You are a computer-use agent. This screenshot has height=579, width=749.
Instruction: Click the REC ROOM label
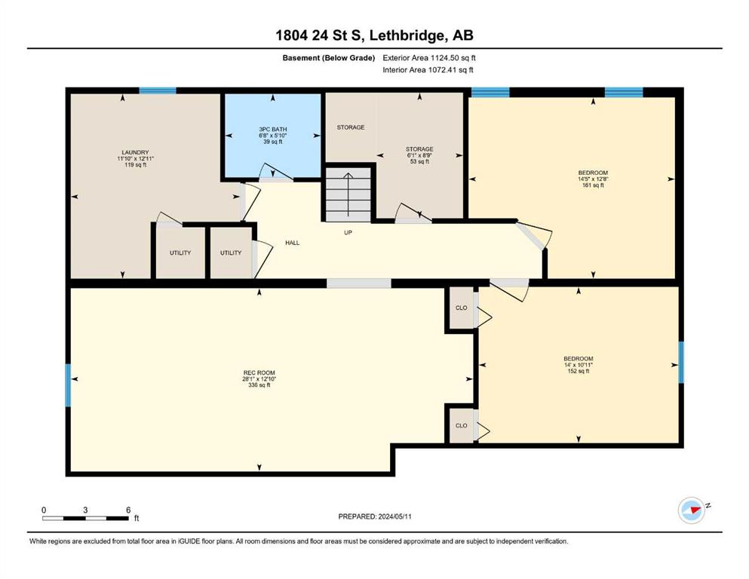coord(259,372)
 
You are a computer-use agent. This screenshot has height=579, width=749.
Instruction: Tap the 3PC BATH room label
coord(273,130)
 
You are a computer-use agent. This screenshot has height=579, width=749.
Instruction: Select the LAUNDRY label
coord(135,153)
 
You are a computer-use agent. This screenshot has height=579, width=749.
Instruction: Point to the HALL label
coord(293,243)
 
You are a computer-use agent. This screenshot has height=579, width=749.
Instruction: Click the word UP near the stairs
coord(348,233)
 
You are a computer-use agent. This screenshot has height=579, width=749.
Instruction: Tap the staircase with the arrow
coord(348,195)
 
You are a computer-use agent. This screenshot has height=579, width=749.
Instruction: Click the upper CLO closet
coord(461,308)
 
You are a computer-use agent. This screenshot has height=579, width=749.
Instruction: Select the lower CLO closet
coord(461,425)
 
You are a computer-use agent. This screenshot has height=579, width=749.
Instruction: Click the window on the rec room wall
coord(68,385)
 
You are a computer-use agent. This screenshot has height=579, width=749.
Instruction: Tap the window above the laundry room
coord(158,90)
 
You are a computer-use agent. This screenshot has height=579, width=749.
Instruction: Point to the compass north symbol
coord(692,510)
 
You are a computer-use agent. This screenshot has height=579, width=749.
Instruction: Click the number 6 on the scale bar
coord(128,510)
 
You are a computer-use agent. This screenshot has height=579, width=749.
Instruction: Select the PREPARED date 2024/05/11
coord(394,516)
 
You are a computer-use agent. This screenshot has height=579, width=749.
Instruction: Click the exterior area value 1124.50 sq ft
coord(453,58)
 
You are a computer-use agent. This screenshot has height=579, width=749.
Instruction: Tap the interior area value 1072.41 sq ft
coord(450,69)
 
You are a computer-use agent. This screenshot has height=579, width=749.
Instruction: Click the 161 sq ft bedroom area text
coord(593,185)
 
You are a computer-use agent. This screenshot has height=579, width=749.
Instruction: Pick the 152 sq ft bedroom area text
coord(578,371)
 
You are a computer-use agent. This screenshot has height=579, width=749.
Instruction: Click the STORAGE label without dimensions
coord(351,127)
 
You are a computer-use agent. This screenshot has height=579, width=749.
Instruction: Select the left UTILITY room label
coord(180,253)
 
